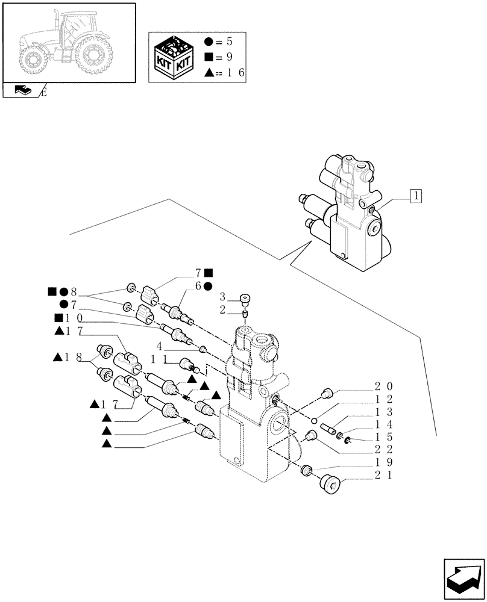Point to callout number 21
point(384,476)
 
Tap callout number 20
point(384,386)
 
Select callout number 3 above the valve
point(222,297)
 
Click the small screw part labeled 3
point(245,297)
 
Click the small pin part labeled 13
point(329,429)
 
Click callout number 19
point(384,463)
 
